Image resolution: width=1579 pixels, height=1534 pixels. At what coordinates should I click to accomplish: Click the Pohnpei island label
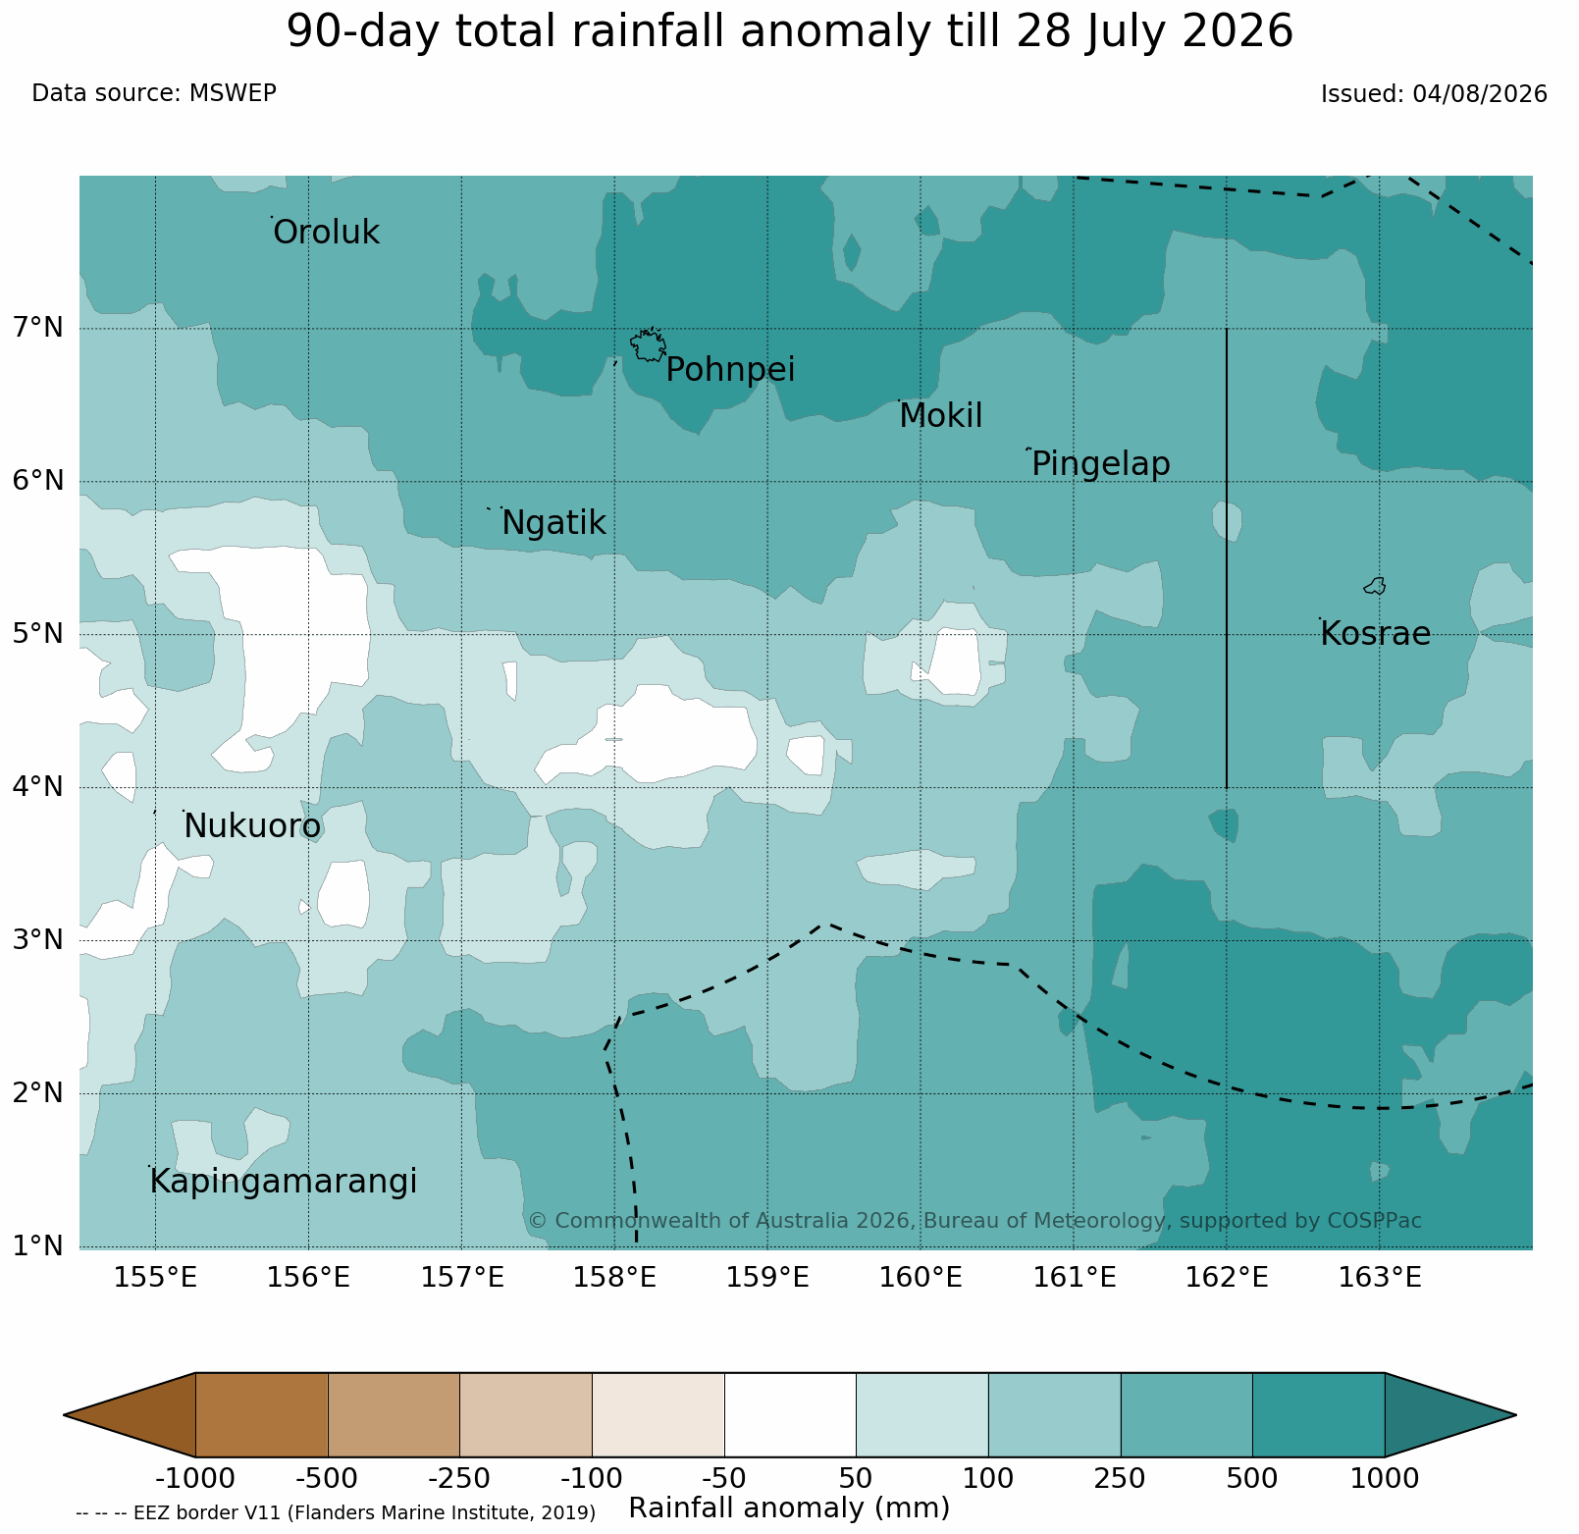730,370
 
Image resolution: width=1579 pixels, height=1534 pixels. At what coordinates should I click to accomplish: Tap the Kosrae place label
1375,634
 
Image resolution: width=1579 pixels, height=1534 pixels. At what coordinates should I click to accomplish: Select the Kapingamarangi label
284,1182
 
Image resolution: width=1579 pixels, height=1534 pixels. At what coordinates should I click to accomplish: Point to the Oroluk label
326,233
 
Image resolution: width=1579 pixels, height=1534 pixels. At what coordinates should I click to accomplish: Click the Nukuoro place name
252,826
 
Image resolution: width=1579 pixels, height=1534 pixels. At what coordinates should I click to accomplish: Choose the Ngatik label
553,523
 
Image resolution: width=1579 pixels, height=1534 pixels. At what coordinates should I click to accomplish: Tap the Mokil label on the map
940,416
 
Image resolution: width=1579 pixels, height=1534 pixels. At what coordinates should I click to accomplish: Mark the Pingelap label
1101,463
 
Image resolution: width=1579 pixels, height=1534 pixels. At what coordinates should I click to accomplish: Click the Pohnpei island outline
648,345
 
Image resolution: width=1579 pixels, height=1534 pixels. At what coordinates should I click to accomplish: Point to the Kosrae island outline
1375,586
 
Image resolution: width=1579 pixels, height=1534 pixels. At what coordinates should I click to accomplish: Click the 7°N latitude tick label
37,327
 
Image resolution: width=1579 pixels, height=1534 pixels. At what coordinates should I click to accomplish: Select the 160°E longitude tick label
920,1278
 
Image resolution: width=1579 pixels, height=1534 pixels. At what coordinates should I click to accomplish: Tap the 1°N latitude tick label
37,1246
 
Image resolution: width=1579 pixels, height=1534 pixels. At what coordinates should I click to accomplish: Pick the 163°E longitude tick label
1380,1278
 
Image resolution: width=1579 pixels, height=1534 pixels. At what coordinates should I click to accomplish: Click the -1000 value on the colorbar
195,1478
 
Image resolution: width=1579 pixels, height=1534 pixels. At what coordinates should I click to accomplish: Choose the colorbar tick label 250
1121,1478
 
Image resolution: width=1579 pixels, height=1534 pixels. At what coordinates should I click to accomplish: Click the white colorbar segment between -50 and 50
790,1414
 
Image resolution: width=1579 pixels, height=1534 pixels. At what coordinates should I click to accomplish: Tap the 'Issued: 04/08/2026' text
1434,94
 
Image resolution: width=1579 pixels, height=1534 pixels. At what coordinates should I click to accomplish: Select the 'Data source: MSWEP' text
154,93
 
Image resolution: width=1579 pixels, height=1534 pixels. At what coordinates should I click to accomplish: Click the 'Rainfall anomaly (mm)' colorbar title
789,1508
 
